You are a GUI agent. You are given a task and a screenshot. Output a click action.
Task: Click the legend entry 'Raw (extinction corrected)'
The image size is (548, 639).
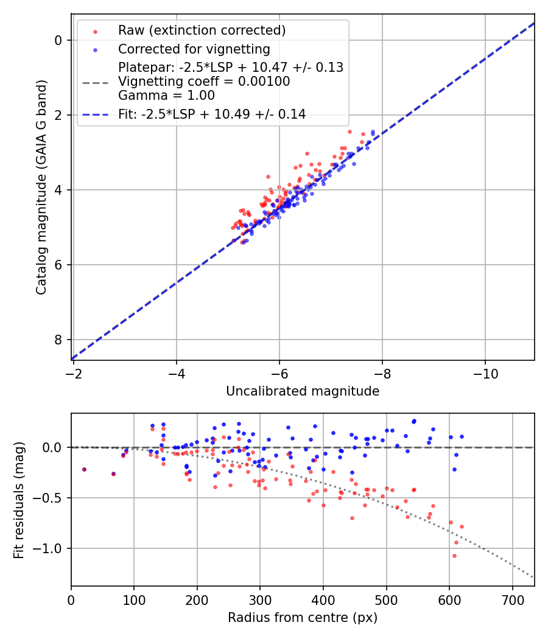pos(202,30)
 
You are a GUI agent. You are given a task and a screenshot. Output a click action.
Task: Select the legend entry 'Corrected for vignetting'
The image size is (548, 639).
pos(194,49)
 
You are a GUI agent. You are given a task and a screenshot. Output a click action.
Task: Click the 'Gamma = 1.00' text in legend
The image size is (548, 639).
pos(166,96)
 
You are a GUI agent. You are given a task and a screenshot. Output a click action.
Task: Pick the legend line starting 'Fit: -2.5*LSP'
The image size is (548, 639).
pos(212,114)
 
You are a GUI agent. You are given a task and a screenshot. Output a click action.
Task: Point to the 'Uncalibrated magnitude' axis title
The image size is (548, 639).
pos(303,391)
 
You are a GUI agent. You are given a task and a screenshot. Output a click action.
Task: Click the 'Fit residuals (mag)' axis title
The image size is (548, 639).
pos(19,500)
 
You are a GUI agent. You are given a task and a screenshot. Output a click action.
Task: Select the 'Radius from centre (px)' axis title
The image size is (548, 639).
pos(303,618)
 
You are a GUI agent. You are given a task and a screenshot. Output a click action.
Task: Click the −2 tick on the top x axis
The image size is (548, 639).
pos(74,371)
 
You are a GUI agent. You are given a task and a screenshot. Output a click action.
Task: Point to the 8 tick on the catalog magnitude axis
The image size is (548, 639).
pos(58,340)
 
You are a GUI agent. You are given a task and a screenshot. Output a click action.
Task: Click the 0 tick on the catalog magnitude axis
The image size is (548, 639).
pos(58,40)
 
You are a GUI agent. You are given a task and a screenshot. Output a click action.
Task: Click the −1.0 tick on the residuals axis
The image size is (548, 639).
pos(51,548)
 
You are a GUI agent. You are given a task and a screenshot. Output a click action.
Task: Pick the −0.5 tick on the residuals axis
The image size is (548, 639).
pos(51,498)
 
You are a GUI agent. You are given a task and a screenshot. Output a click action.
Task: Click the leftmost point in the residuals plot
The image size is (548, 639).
pos(84,469)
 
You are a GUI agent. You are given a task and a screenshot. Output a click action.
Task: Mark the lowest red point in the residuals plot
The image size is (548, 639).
pos(454,556)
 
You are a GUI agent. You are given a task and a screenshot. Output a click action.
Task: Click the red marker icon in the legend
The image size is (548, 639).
pos(95,30)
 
